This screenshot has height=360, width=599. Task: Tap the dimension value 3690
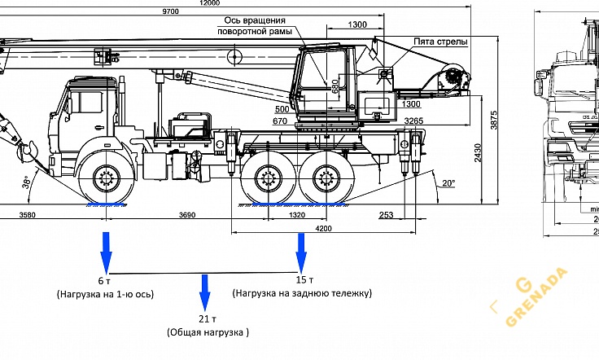pyautogui.click(x=186, y=215)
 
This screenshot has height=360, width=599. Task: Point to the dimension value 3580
pyautogui.click(x=30, y=215)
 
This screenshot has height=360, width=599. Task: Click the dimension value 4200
pyautogui.click(x=301, y=230)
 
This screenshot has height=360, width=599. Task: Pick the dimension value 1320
pyautogui.click(x=296, y=215)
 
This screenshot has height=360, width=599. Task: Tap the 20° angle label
pyautogui.click(x=448, y=183)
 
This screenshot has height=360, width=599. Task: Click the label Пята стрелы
pyautogui.click(x=439, y=41)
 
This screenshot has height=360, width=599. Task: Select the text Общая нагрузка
pyautogui.click(x=208, y=332)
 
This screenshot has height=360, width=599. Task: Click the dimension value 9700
pyautogui.click(x=170, y=12)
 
